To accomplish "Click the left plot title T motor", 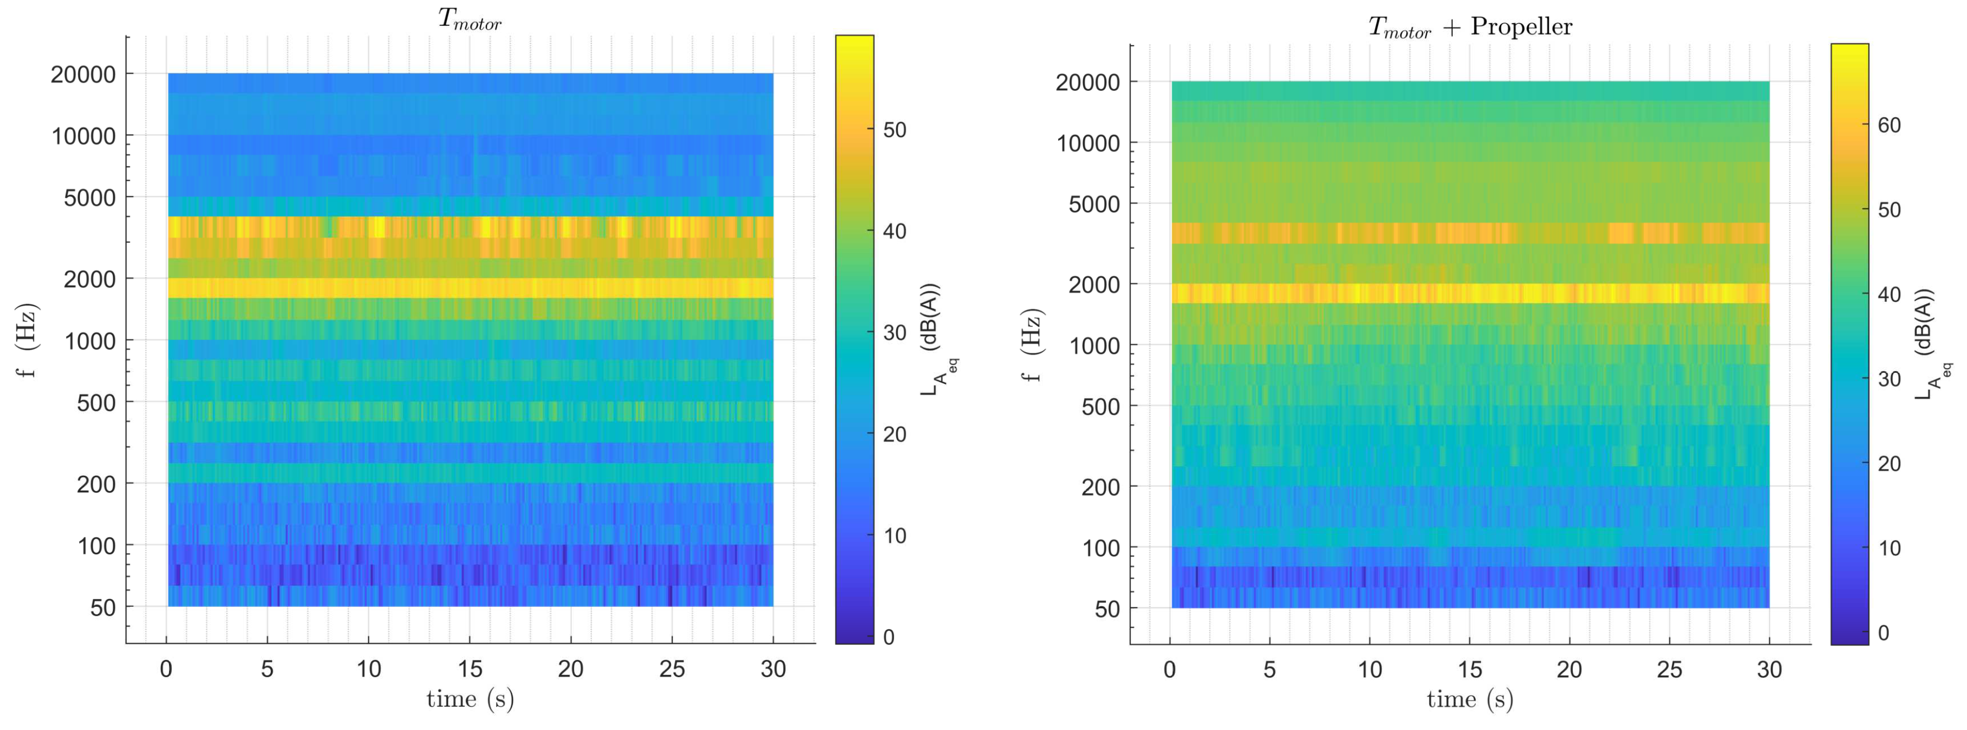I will coord(469,20).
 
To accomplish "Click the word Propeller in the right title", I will coord(1521,27).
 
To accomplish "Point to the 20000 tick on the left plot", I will coord(83,75).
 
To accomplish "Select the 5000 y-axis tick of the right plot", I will coord(1093,205).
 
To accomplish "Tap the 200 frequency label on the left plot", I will coord(96,484).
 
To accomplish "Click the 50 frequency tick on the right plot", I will coord(1107,609).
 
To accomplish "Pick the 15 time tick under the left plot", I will coord(470,669).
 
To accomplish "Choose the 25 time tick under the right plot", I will coord(1669,669).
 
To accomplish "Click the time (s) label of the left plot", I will coord(470,699).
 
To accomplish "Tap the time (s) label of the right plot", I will coord(1470,700).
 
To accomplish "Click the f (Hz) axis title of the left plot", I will coord(27,341).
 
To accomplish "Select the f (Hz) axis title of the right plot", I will coord(1032,345).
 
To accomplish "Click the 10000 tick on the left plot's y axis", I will coord(83,137).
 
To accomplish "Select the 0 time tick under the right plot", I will coord(1170,669).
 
